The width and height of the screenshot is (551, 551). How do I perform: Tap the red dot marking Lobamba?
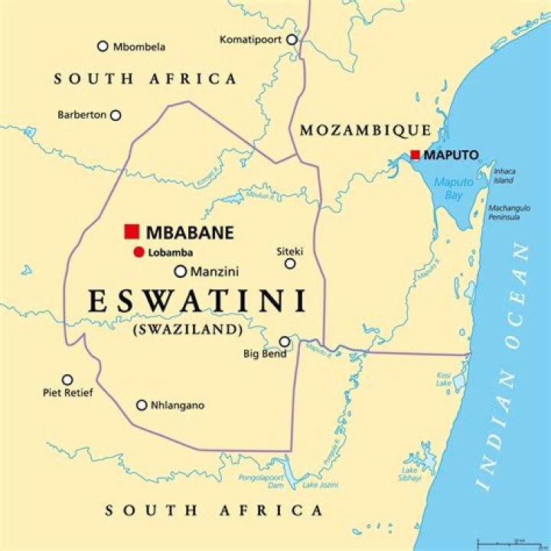click(x=138, y=253)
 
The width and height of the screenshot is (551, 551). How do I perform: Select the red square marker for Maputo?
click(x=415, y=155)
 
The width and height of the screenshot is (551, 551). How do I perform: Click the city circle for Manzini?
click(x=181, y=271)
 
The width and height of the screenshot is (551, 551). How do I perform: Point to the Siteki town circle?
click(x=290, y=263)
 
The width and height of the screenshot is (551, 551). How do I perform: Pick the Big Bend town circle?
click(x=285, y=341)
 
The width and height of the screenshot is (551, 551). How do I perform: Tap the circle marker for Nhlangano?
click(x=142, y=405)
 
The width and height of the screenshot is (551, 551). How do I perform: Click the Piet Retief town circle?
click(x=67, y=380)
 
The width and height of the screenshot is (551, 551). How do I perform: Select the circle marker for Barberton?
click(x=116, y=116)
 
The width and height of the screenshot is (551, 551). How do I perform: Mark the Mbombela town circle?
click(x=103, y=46)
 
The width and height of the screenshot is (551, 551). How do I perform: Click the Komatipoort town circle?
click(x=292, y=39)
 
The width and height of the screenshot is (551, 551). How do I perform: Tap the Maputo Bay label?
click(x=453, y=188)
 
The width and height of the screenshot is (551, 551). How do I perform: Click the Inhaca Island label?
click(x=504, y=175)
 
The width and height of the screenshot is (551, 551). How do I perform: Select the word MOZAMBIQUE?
click(x=365, y=130)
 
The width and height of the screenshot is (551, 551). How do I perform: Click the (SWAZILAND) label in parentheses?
click(x=187, y=330)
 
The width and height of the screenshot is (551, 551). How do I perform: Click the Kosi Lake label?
click(x=444, y=379)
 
